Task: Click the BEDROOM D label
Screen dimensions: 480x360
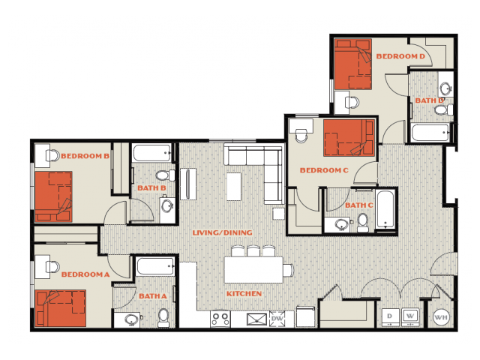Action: (400, 56)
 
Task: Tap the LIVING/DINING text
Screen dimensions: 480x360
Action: (222, 232)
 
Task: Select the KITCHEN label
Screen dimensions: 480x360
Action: (244, 293)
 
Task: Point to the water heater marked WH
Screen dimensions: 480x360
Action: (441, 317)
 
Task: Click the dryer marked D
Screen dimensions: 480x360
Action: (390, 317)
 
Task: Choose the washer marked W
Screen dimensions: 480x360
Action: (410, 316)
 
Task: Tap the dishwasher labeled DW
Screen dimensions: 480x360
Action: (277, 319)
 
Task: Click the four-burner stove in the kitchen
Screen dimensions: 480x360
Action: (220, 319)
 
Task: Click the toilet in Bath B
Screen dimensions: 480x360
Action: (166, 175)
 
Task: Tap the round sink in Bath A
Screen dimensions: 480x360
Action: (132, 320)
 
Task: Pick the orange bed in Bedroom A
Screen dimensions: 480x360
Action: (61, 308)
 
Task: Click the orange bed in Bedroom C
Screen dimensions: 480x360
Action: (349, 138)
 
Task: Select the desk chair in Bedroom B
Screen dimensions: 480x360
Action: (53, 156)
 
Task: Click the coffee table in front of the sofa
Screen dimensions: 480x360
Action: (234, 187)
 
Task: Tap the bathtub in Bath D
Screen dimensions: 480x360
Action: (430, 133)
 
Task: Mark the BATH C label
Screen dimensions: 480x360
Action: (359, 205)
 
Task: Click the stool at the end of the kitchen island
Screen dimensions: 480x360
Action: (288, 270)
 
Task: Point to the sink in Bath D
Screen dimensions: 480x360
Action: (445, 88)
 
